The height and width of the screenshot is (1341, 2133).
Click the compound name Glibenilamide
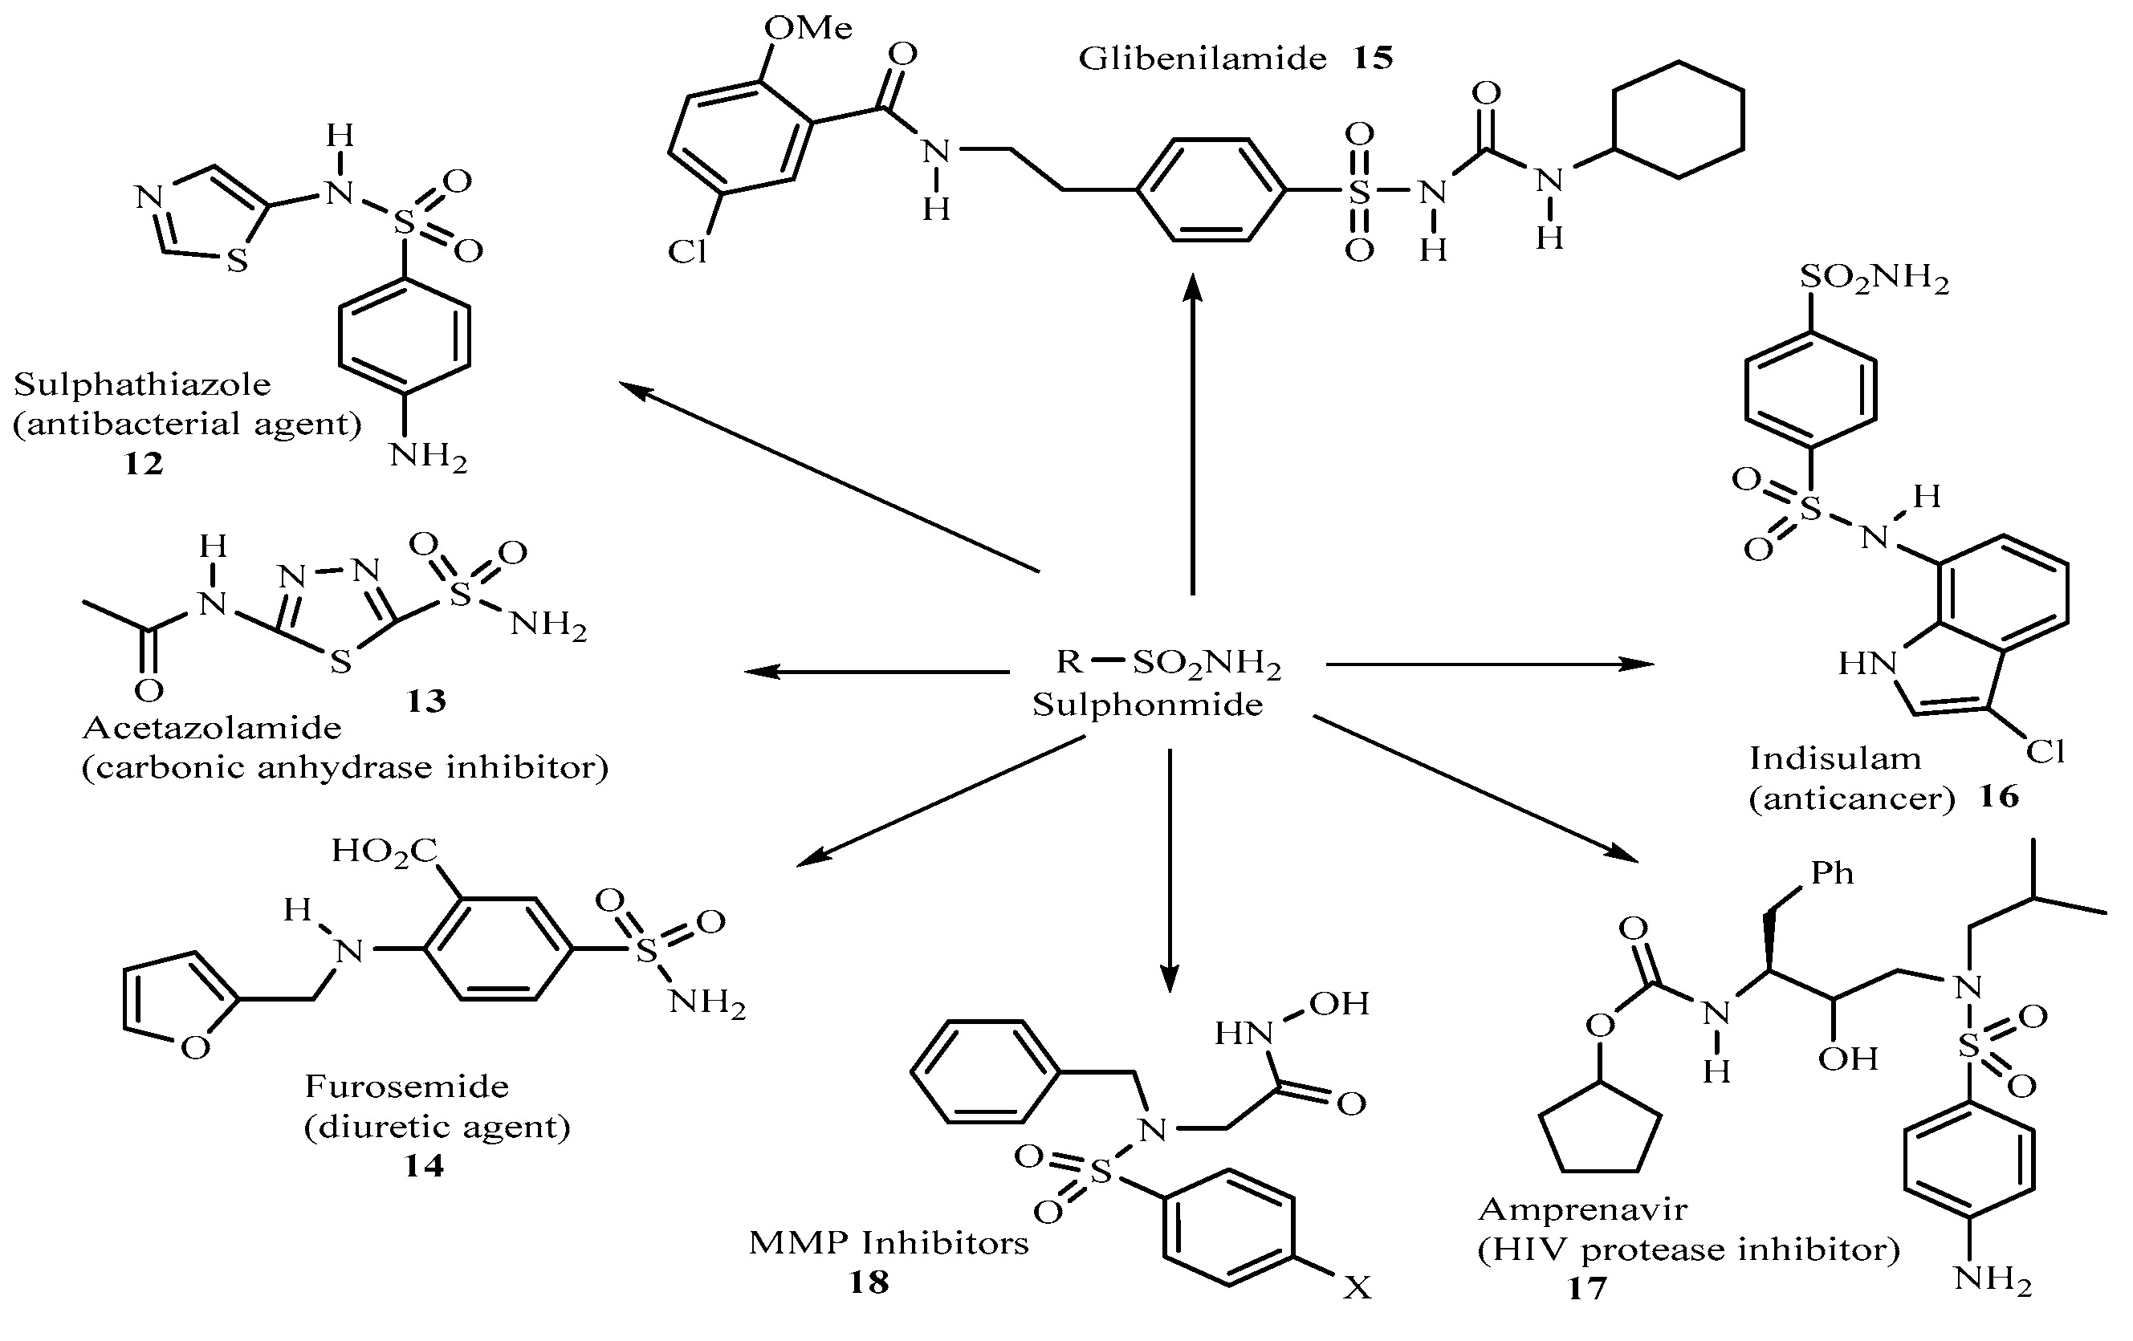[x=1201, y=59]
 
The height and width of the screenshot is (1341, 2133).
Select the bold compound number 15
[x=1372, y=59]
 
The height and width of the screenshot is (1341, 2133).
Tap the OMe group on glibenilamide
[x=807, y=28]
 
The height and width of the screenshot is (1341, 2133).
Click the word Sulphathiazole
[x=142, y=384]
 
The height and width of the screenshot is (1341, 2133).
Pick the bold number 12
[x=143, y=463]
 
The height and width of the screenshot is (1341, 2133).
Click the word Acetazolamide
[x=212, y=728]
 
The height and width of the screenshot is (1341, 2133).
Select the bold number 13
[x=425, y=701]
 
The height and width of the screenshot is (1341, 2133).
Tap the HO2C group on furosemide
[x=385, y=851]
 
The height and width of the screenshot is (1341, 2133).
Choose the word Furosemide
[x=406, y=1086]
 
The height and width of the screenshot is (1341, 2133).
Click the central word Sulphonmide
[x=1147, y=705]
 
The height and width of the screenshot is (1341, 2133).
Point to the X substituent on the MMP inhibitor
[x=1356, y=1288]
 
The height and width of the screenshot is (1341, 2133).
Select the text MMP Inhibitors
[x=889, y=1242]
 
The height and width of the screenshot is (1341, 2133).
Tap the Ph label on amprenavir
[x=1832, y=873]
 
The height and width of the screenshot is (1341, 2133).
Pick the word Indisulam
[x=1834, y=759]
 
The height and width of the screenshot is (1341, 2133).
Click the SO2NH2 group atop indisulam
[x=1874, y=280]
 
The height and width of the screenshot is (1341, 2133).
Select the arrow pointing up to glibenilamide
[x=1193, y=434]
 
